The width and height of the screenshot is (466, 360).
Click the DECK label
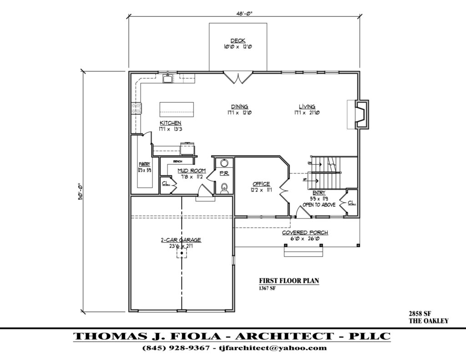coord(238,41)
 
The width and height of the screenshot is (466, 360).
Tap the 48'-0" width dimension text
coord(244,13)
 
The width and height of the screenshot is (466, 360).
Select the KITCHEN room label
coord(171,123)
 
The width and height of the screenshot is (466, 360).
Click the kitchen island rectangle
coord(177,110)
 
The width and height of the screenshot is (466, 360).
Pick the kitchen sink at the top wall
coord(167,79)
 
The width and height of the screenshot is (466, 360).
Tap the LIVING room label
coord(307,106)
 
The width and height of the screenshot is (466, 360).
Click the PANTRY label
coord(145,164)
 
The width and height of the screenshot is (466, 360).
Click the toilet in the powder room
coord(224,188)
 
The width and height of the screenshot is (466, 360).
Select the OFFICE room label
coord(261,184)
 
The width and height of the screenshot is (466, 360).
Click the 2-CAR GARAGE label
coord(181,240)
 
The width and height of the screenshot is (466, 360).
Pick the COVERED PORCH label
coord(305,233)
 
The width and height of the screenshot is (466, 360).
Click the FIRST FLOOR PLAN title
coord(289,281)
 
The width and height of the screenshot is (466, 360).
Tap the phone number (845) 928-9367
coord(176,348)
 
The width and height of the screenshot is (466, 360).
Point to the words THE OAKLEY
coord(429,321)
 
